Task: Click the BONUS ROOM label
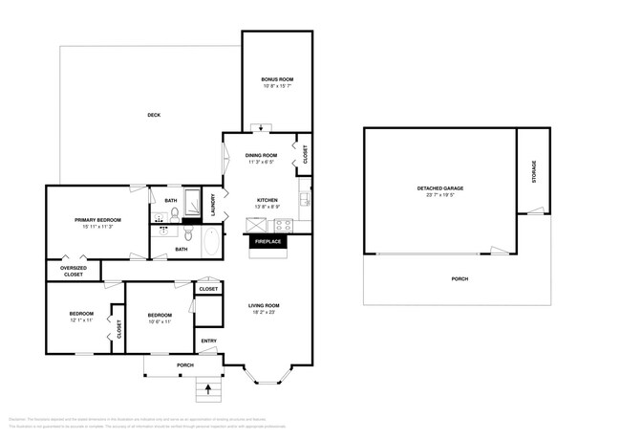(x=277, y=79)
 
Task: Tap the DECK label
(x=154, y=115)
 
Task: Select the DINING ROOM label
(x=261, y=155)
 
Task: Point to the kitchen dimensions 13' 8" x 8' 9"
(x=267, y=207)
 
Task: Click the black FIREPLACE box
(x=268, y=242)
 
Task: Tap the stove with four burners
(x=284, y=225)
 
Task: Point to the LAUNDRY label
(x=213, y=204)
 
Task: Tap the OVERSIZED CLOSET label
(x=74, y=271)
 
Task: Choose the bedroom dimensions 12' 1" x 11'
(x=80, y=321)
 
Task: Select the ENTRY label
(x=208, y=341)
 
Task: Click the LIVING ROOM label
(x=266, y=305)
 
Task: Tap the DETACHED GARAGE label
(x=439, y=188)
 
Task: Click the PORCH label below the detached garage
(x=460, y=278)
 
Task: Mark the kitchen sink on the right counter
(x=303, y=200)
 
